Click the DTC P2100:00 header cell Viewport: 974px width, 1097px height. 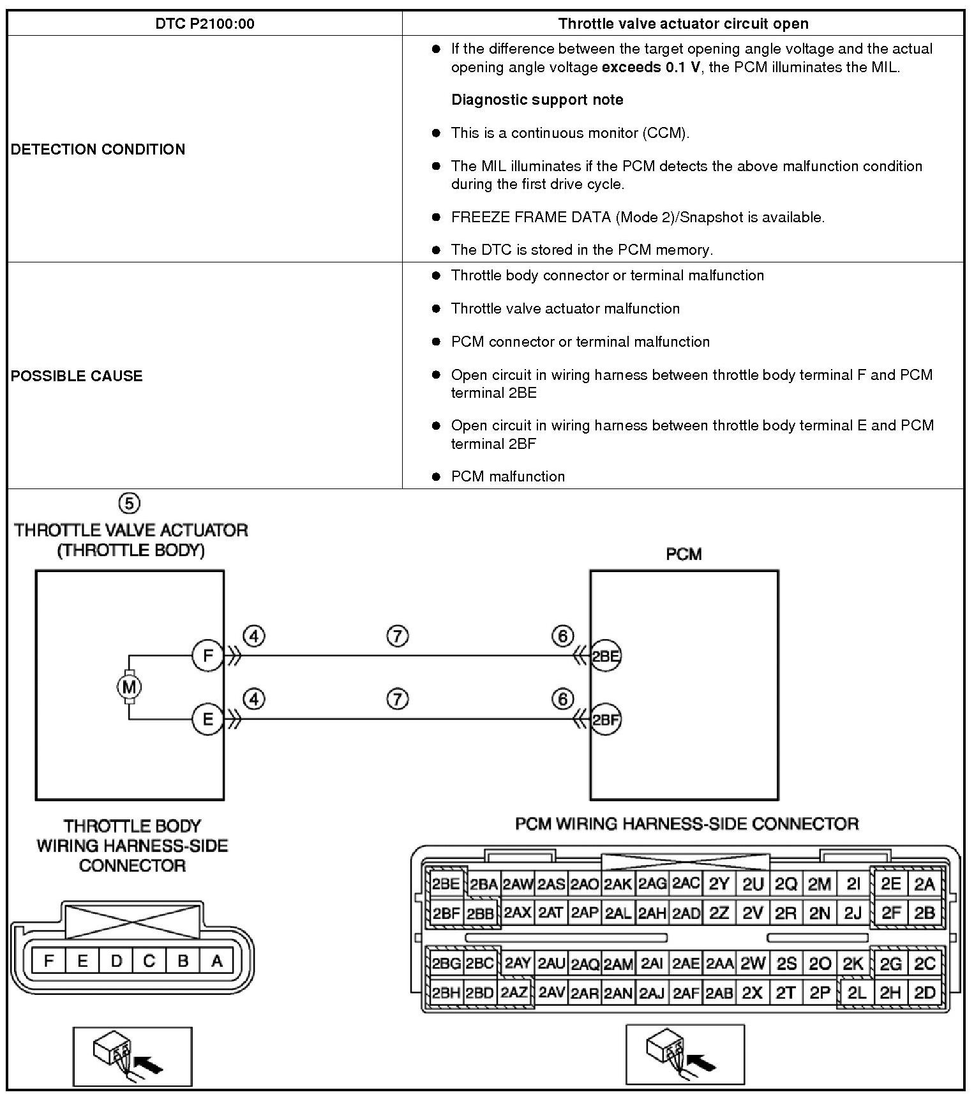click(x=205, y=24)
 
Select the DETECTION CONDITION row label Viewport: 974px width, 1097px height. click(x=98, y=149)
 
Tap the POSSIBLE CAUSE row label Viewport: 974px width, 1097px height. click(x=77, y=375)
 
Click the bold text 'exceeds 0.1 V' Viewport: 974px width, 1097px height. click(x=651, y=68)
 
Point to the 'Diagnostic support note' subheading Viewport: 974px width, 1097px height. click(x=537, y=100)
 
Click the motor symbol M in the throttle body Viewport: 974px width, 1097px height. click(x=129, y=687)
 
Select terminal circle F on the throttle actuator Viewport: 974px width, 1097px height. click(x=207, y=656)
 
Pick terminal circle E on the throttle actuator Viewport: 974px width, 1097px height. click(x=207, y=720)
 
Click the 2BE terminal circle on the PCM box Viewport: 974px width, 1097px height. click(x=605, y=656)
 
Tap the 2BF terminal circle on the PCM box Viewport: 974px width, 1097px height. click(x=605, y=720)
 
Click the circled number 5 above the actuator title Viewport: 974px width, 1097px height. click(x=129, y=503)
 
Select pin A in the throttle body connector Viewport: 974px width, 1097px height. click(x=216, y=961)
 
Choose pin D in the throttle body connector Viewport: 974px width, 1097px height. click(x=116, y=961)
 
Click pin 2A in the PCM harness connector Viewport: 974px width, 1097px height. click(x=924, y=884)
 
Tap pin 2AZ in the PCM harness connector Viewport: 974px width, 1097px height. click(x=514, y=993)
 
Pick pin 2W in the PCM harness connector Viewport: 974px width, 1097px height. click(x=753, y=964)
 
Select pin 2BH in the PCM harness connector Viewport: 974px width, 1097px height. click(x=446, y=993)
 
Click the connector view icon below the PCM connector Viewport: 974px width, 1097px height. click(x=685, y=1054)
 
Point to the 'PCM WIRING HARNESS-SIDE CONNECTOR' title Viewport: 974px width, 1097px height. click(x=687, y=824)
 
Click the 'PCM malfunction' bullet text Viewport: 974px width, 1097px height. click(x=508, y=476)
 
